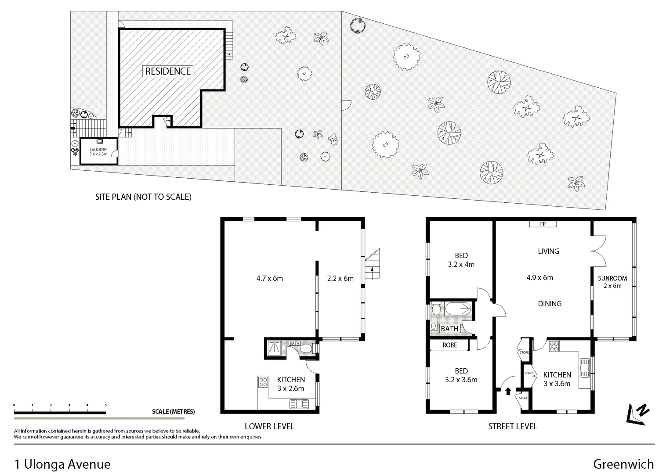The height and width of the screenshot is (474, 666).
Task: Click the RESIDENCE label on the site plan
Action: (168, 71)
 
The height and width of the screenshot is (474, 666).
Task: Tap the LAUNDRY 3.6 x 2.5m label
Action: (98, 152)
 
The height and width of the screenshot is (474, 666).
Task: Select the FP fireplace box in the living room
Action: (543, 224)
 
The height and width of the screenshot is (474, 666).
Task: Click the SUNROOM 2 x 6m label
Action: (612, 282)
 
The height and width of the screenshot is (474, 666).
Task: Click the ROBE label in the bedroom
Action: (449, 345)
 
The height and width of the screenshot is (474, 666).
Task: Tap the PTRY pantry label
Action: (529, 373)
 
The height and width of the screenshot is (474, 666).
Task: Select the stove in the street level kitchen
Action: (553, 346)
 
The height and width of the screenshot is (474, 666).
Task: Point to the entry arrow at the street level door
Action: (508, 391)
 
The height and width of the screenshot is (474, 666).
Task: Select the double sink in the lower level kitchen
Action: (299, 403)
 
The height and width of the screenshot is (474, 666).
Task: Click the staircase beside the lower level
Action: (373, 266)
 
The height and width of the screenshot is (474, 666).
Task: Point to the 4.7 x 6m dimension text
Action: (269, 278)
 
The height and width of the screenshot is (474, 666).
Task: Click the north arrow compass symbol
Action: (637, 413)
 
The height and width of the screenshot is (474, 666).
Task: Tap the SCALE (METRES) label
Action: (173, 412)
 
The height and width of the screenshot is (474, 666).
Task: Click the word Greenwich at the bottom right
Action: (623, 464)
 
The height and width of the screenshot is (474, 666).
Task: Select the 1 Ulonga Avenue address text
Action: (62, 464)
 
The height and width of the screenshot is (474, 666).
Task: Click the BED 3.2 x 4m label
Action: (461, 260)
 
